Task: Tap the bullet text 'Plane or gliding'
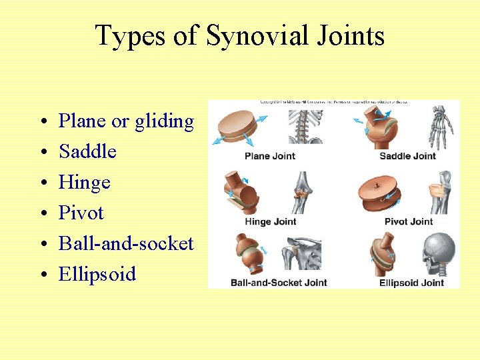point(126,121)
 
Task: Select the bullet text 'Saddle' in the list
point(87,151)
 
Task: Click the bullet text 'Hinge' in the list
point(85,183)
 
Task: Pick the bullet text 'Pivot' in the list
point(81,213)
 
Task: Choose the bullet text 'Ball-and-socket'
point(126,243)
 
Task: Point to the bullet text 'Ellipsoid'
point(97,274)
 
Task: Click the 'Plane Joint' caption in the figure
point(270,156)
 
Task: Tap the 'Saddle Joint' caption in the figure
point(407,156)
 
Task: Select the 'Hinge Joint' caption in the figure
point(270,221)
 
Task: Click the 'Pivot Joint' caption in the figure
point(409,221)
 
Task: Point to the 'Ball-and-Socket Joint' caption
point(279,282)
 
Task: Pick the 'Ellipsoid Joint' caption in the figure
point(411,282)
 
